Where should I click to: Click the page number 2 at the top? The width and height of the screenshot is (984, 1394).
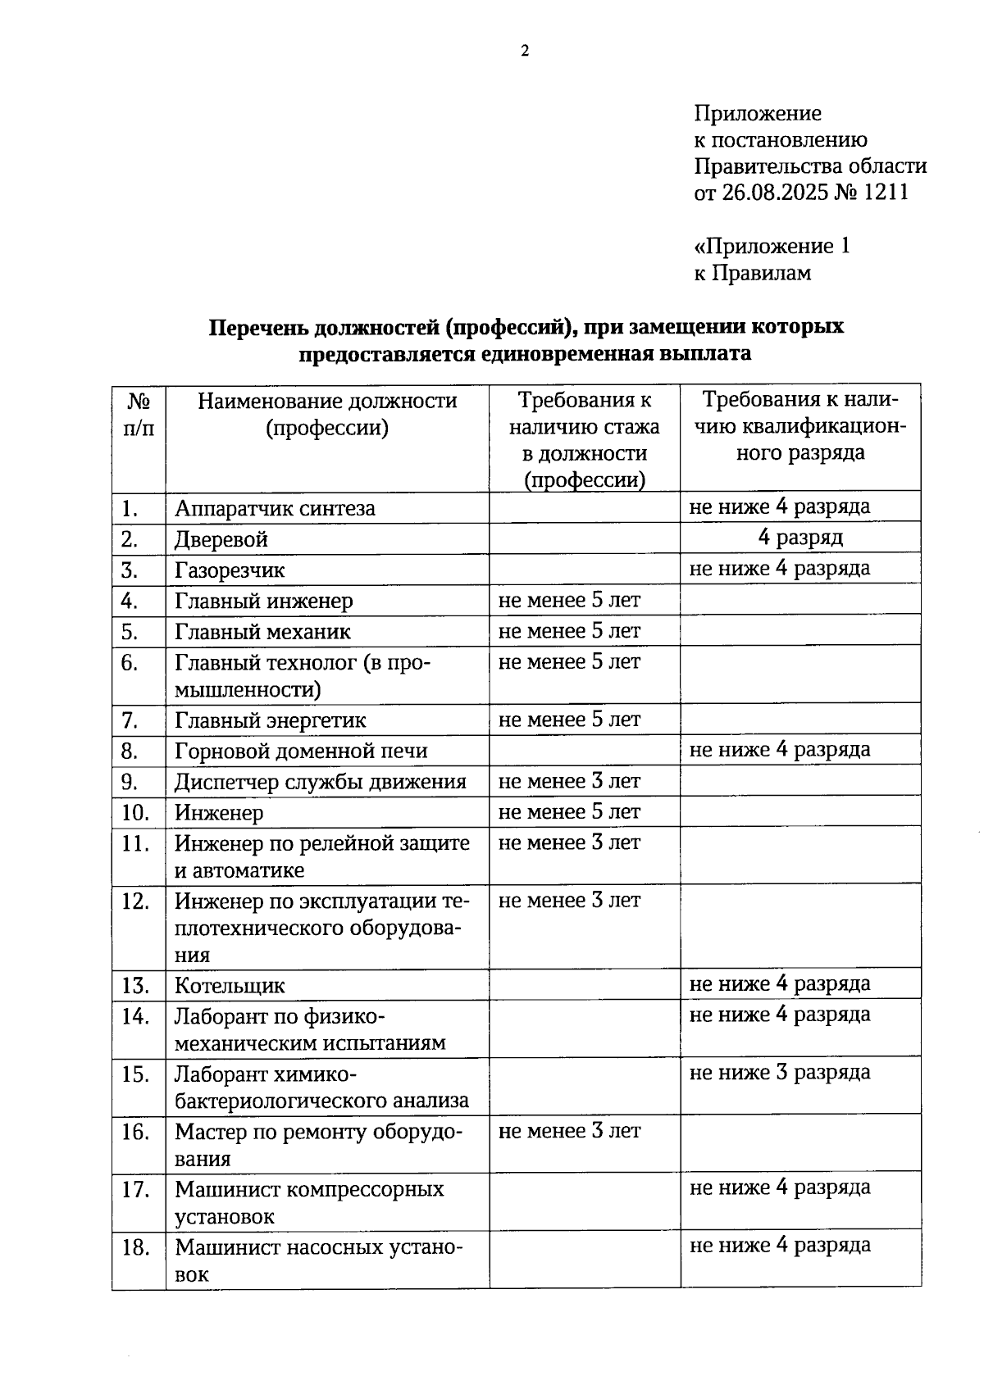tap(525, 52)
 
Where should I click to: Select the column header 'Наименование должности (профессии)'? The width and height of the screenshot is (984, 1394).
tap(327, 415)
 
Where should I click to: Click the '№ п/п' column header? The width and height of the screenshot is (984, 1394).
tap(139, 415)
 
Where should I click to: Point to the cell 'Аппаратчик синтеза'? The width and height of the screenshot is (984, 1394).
tap(275, 509)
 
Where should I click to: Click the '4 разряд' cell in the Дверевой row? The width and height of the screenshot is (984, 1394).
tap(799, 538)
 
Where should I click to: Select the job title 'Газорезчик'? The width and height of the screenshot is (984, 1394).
tap(230, 570)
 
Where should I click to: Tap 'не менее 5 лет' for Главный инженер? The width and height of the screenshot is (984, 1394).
tap(569, 601)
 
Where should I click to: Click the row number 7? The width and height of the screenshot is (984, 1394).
tap(129, 720)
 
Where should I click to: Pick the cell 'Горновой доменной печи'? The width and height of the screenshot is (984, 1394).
tap(301, 751)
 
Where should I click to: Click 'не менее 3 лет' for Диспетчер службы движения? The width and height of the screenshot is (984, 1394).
tap(569, 782)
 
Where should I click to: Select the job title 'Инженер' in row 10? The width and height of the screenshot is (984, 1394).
tap(219, 813)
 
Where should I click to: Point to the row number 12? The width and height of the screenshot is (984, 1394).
tap(134, 902)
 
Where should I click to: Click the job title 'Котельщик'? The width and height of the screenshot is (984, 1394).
tap(230, 986)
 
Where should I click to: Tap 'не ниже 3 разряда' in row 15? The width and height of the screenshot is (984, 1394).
tap(779, 1073)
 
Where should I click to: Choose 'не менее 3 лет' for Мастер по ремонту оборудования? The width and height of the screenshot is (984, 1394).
tap(569, 1132)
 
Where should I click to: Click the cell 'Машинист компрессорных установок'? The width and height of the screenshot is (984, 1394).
tap(309, 1202)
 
